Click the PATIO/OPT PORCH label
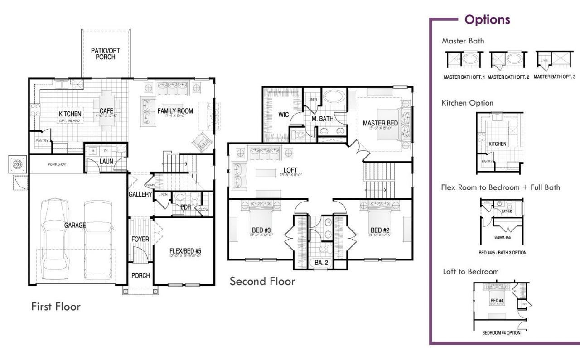105,54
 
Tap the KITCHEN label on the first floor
70,114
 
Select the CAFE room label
106,111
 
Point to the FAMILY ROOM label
175,111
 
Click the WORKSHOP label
57,164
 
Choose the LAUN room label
106,162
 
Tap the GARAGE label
75,225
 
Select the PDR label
185,207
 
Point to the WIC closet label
283,115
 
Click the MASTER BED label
381,123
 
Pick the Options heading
487,20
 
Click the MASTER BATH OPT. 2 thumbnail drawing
508,60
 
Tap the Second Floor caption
262,281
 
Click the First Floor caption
56,307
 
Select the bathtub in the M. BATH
334,97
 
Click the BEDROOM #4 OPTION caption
501,333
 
